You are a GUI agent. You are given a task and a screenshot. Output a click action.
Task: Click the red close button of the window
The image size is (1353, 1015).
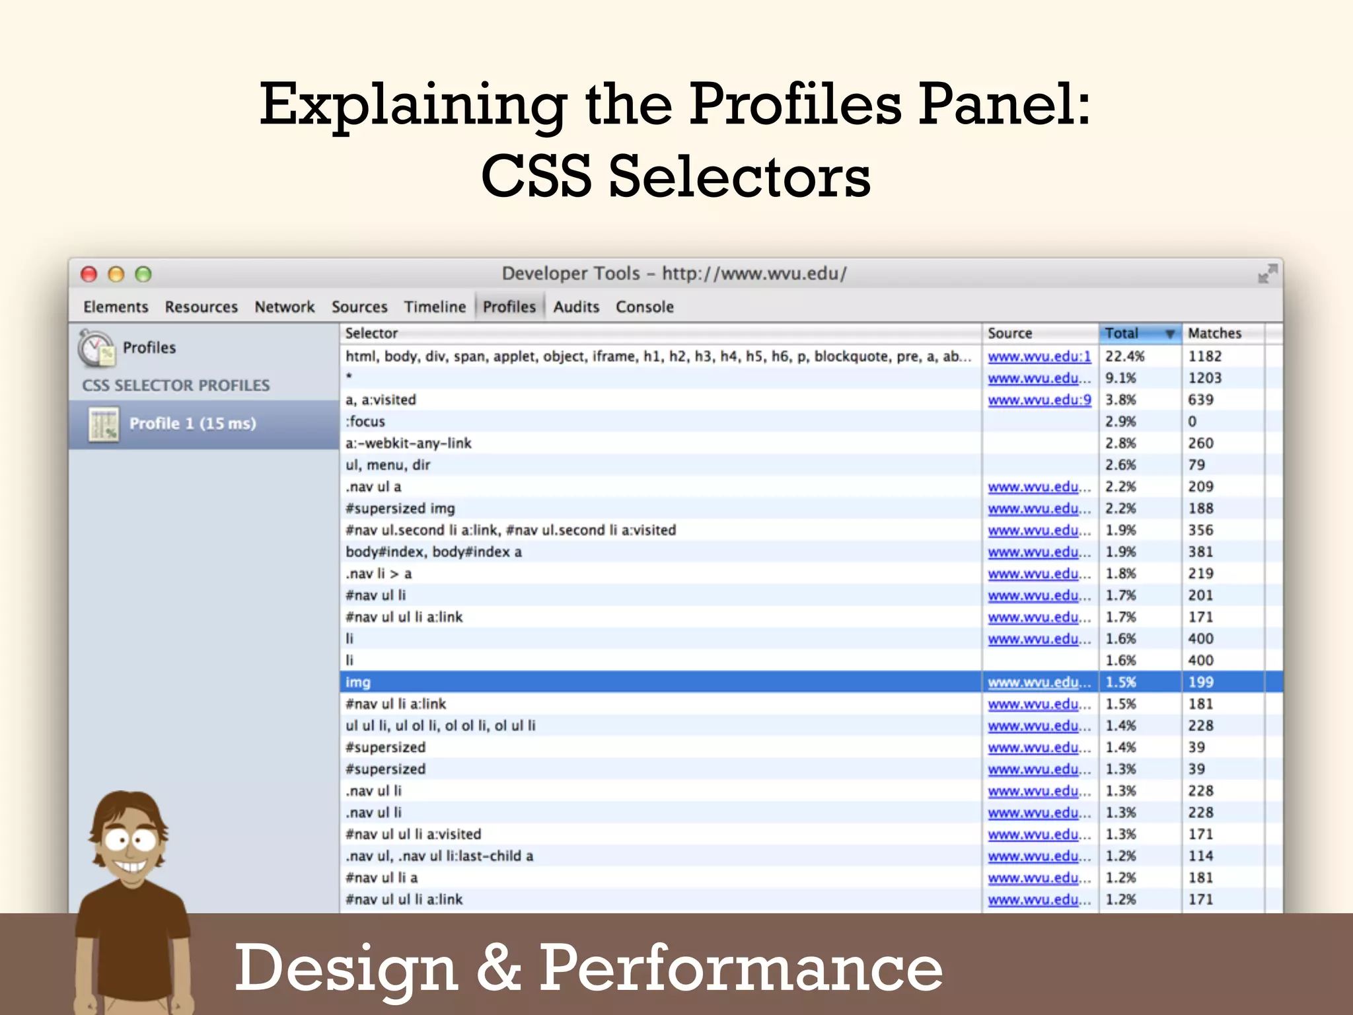pyautogui.click(x=89, y=274)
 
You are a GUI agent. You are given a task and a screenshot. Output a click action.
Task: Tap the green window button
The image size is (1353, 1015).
pyautogui.click(x=143, y=274)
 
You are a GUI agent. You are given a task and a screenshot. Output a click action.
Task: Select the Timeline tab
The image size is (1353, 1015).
pyautogui.click(x=435, y=307)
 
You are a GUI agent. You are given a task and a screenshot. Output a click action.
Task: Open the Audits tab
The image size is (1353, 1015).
pyautogui.click(x=576, y=307)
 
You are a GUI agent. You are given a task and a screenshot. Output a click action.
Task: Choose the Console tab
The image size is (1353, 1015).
pyautogui.click(x=644, y=307)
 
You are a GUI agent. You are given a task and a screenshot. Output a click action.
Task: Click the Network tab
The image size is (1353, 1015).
pyautogui.click(x=285, y=307)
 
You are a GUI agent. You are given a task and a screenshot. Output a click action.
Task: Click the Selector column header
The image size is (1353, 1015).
pyautogui.click(x=372, y=333)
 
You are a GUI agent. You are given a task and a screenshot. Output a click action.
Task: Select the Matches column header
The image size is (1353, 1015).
pyautogui.click(x=1214, y=333)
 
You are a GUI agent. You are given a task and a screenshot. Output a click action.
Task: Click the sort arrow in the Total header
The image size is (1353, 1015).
pyautogui.click(x=1169, y=334)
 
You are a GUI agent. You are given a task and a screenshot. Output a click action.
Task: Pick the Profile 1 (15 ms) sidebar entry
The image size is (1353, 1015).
pyautogui.click(x=192, y=424)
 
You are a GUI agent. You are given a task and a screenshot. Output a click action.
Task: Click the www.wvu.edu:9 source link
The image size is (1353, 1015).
pyautogui.click(x=1039, y=400)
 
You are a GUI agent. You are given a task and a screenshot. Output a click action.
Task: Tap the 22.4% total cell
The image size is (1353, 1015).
pyautogui.click(x=1125, y=356)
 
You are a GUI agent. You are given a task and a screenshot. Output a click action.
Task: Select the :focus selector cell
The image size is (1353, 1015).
pyautogui.click(x=365, y=422)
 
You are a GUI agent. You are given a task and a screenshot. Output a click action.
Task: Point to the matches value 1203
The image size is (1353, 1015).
pyautogui.click(x=1204, y=378)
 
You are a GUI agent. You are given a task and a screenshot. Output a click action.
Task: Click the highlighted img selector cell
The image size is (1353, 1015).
pyautogui.click(x=358, y=682)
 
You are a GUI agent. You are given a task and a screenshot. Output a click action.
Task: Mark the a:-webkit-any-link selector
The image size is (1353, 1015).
pyautogui.click(x=408, y=443)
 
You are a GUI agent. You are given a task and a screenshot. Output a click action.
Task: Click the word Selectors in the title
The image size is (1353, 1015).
pyautogui.click(x=739, y=177)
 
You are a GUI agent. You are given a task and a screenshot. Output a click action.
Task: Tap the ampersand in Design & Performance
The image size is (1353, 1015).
pyautogui.click(x=499, y=967)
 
